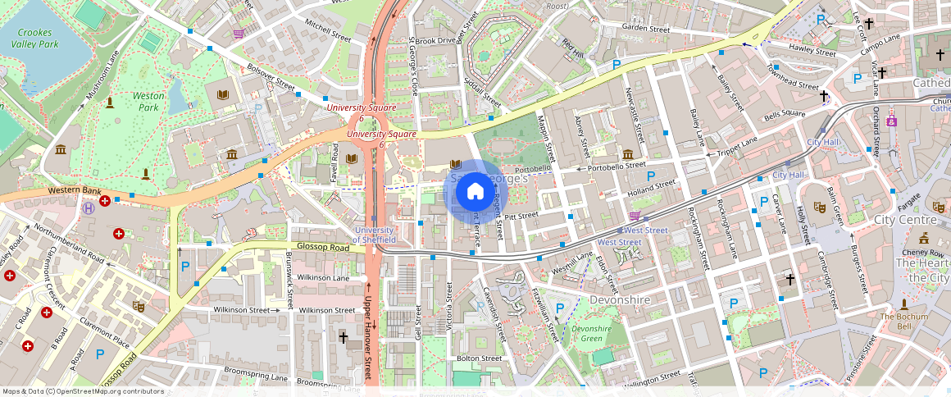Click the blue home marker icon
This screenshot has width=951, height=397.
475,192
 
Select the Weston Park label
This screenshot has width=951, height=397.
148,102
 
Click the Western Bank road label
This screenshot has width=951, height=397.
74,190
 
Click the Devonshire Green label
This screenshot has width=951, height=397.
591,333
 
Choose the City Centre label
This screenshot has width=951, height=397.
905,220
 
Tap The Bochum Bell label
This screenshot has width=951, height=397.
905,322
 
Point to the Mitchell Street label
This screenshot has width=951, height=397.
327,31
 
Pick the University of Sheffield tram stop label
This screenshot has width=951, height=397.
375,235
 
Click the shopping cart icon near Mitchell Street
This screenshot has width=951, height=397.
239,34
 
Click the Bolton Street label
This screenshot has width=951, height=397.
479,358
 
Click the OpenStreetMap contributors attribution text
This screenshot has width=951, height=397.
82,391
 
